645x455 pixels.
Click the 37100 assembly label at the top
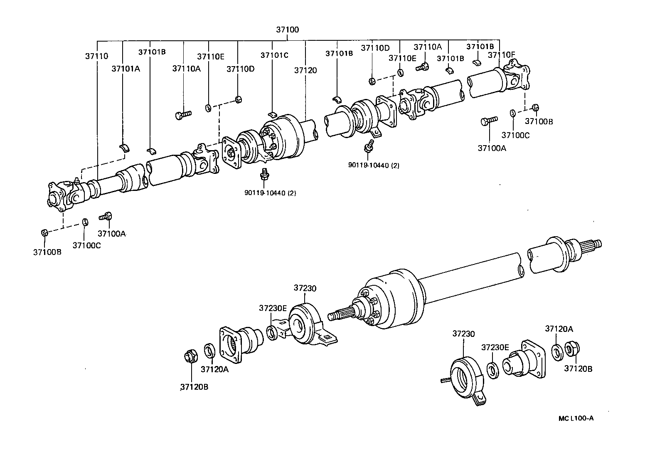click(x=287, y=30)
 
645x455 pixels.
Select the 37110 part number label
click(x=96, y=56)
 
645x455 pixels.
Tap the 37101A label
click(x=125, y=69)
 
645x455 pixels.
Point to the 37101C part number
click(x=274, y=55)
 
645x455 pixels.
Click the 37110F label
click(x=501, y=55)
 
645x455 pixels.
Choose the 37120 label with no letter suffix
click(x=305, y=70)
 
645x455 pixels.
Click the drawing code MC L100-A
click(x=576, y=418)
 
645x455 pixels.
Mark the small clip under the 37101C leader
click(x=272, y=114)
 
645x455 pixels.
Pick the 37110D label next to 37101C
click(x=240, y=69)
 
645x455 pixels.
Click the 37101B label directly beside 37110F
click(x=480, y=47)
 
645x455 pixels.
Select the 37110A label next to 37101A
click(x=186, y=69)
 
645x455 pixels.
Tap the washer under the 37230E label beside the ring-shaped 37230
click(x=493, y=370)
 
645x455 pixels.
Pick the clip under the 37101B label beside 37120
click(x=337, y=99)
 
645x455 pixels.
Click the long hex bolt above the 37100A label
click(x=489, y=121)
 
